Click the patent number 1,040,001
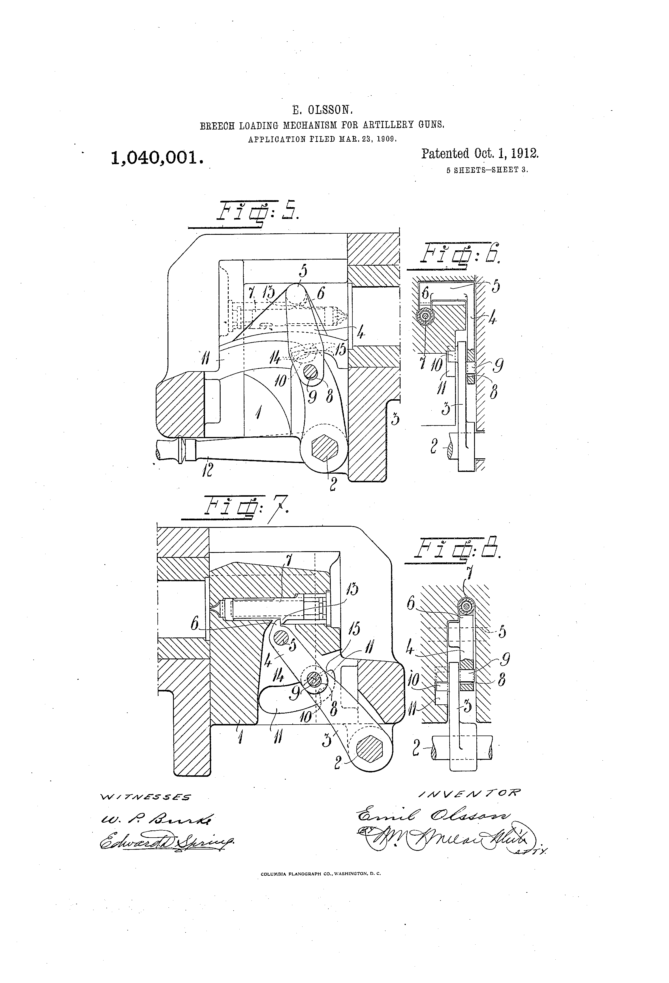pyautogui.click(x=156, y=157)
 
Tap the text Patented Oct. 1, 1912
pyautogui.click(x=480, y=153)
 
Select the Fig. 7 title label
pyautogui.click(x=245, y=506)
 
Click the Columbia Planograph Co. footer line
pyautogui.click(x=321, y=873)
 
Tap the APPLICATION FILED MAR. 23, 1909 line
pyautogui.click(x=322, y=138)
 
